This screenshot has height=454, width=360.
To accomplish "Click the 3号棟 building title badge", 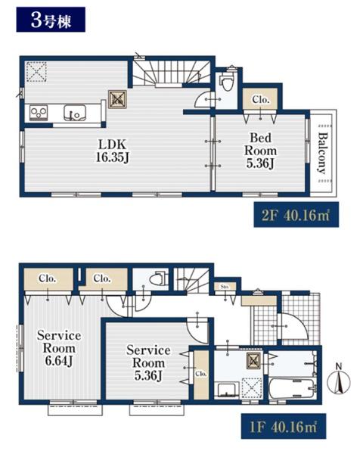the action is [51, 20].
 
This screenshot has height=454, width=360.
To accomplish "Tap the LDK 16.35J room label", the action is [112, 151].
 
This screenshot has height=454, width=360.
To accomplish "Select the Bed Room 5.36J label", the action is [260, 151].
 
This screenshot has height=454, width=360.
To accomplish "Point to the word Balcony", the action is [324, 153].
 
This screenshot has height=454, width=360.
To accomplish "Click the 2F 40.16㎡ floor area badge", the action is [296, 215].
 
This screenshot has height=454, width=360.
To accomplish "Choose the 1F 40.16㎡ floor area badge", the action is [284, 426].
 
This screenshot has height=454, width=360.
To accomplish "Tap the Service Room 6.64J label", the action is [59, 348].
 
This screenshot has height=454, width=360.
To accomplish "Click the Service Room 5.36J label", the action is [148, 363].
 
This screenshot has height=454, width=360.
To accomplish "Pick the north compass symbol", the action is [339, 379].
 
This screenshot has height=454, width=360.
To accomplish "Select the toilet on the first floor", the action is [158, 278].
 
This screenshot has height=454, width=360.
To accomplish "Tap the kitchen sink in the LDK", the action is [75, 113].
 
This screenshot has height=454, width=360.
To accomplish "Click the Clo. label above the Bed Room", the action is [261, 100].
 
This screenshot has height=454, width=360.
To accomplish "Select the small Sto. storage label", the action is [225, 287].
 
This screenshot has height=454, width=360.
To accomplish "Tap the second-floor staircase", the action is [172, 73].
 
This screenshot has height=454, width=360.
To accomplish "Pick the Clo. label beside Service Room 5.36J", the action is [201, 374].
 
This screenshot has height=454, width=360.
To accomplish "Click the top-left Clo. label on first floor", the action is [47, 278].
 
